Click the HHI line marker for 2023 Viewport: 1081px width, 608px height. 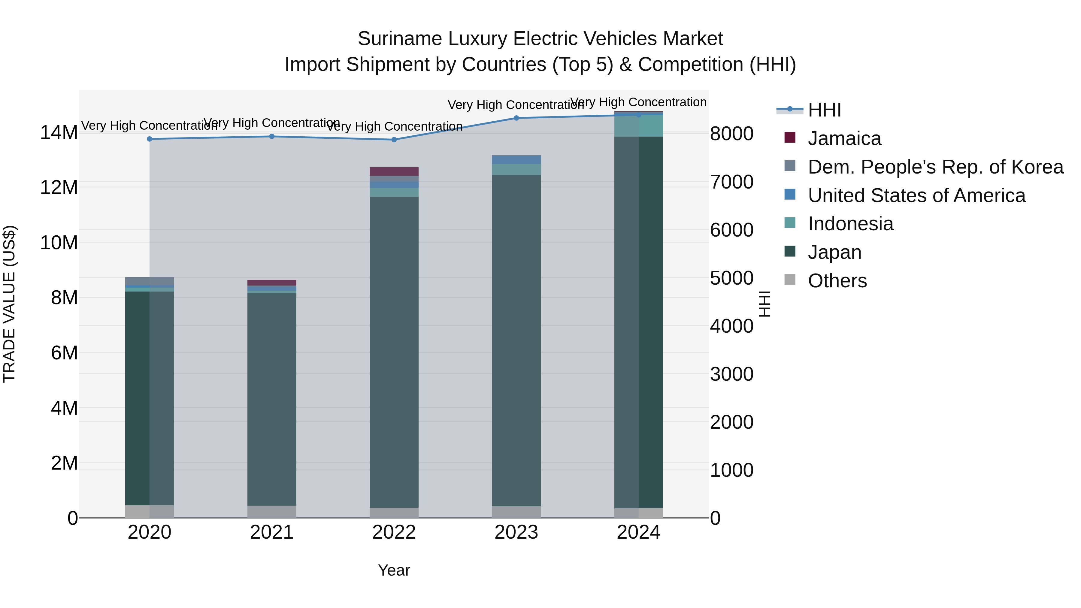[x=516, y=118]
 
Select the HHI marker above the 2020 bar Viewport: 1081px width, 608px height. [x=150, y=139]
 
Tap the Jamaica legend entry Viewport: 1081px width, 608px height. [x=844, y=138]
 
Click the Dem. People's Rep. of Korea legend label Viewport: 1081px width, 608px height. [x=935, y=167]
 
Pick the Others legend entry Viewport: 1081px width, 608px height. [x=837, y=281]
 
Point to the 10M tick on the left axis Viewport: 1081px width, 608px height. [x=59, y=243]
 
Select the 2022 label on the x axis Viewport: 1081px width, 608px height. [x=394, y=532]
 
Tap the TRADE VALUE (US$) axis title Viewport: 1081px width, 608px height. [x=10, y=304]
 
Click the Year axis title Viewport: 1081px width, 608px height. [x=394, y=570]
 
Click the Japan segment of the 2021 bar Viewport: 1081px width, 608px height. [x=271, y=399]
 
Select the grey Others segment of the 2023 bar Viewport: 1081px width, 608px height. [x=516, y=512]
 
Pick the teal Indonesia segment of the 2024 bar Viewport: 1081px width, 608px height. [x=638, y=126]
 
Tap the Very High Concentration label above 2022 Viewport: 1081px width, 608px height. [x=395, y=126]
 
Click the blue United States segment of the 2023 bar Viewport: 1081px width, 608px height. [x=516, y=160]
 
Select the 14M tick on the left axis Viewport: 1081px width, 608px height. [x=59, y=133]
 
